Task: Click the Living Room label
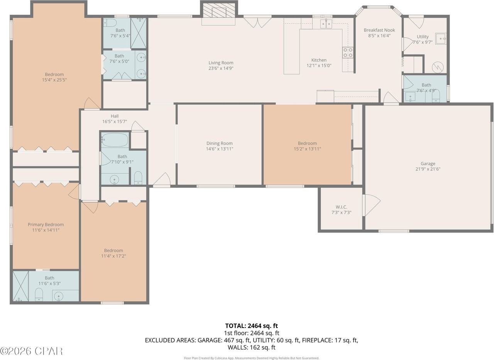[221, 63]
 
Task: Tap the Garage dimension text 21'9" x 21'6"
[428, 169]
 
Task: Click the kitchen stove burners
[348, 52]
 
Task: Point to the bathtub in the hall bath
[115, 140]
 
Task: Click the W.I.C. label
[342, 207]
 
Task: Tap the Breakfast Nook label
[379, 30]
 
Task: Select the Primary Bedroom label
[46, 224]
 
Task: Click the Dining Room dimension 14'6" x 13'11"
[220, 149]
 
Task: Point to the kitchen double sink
[326, 24]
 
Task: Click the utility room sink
[441, 39]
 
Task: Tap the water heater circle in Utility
[438, 67]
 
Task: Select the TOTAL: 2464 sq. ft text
[251, 326]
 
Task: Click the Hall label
[115, 116]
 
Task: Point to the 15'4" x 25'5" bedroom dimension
[54, 80]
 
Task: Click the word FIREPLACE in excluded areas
[317, 340]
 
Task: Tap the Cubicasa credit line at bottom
[251, 358]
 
